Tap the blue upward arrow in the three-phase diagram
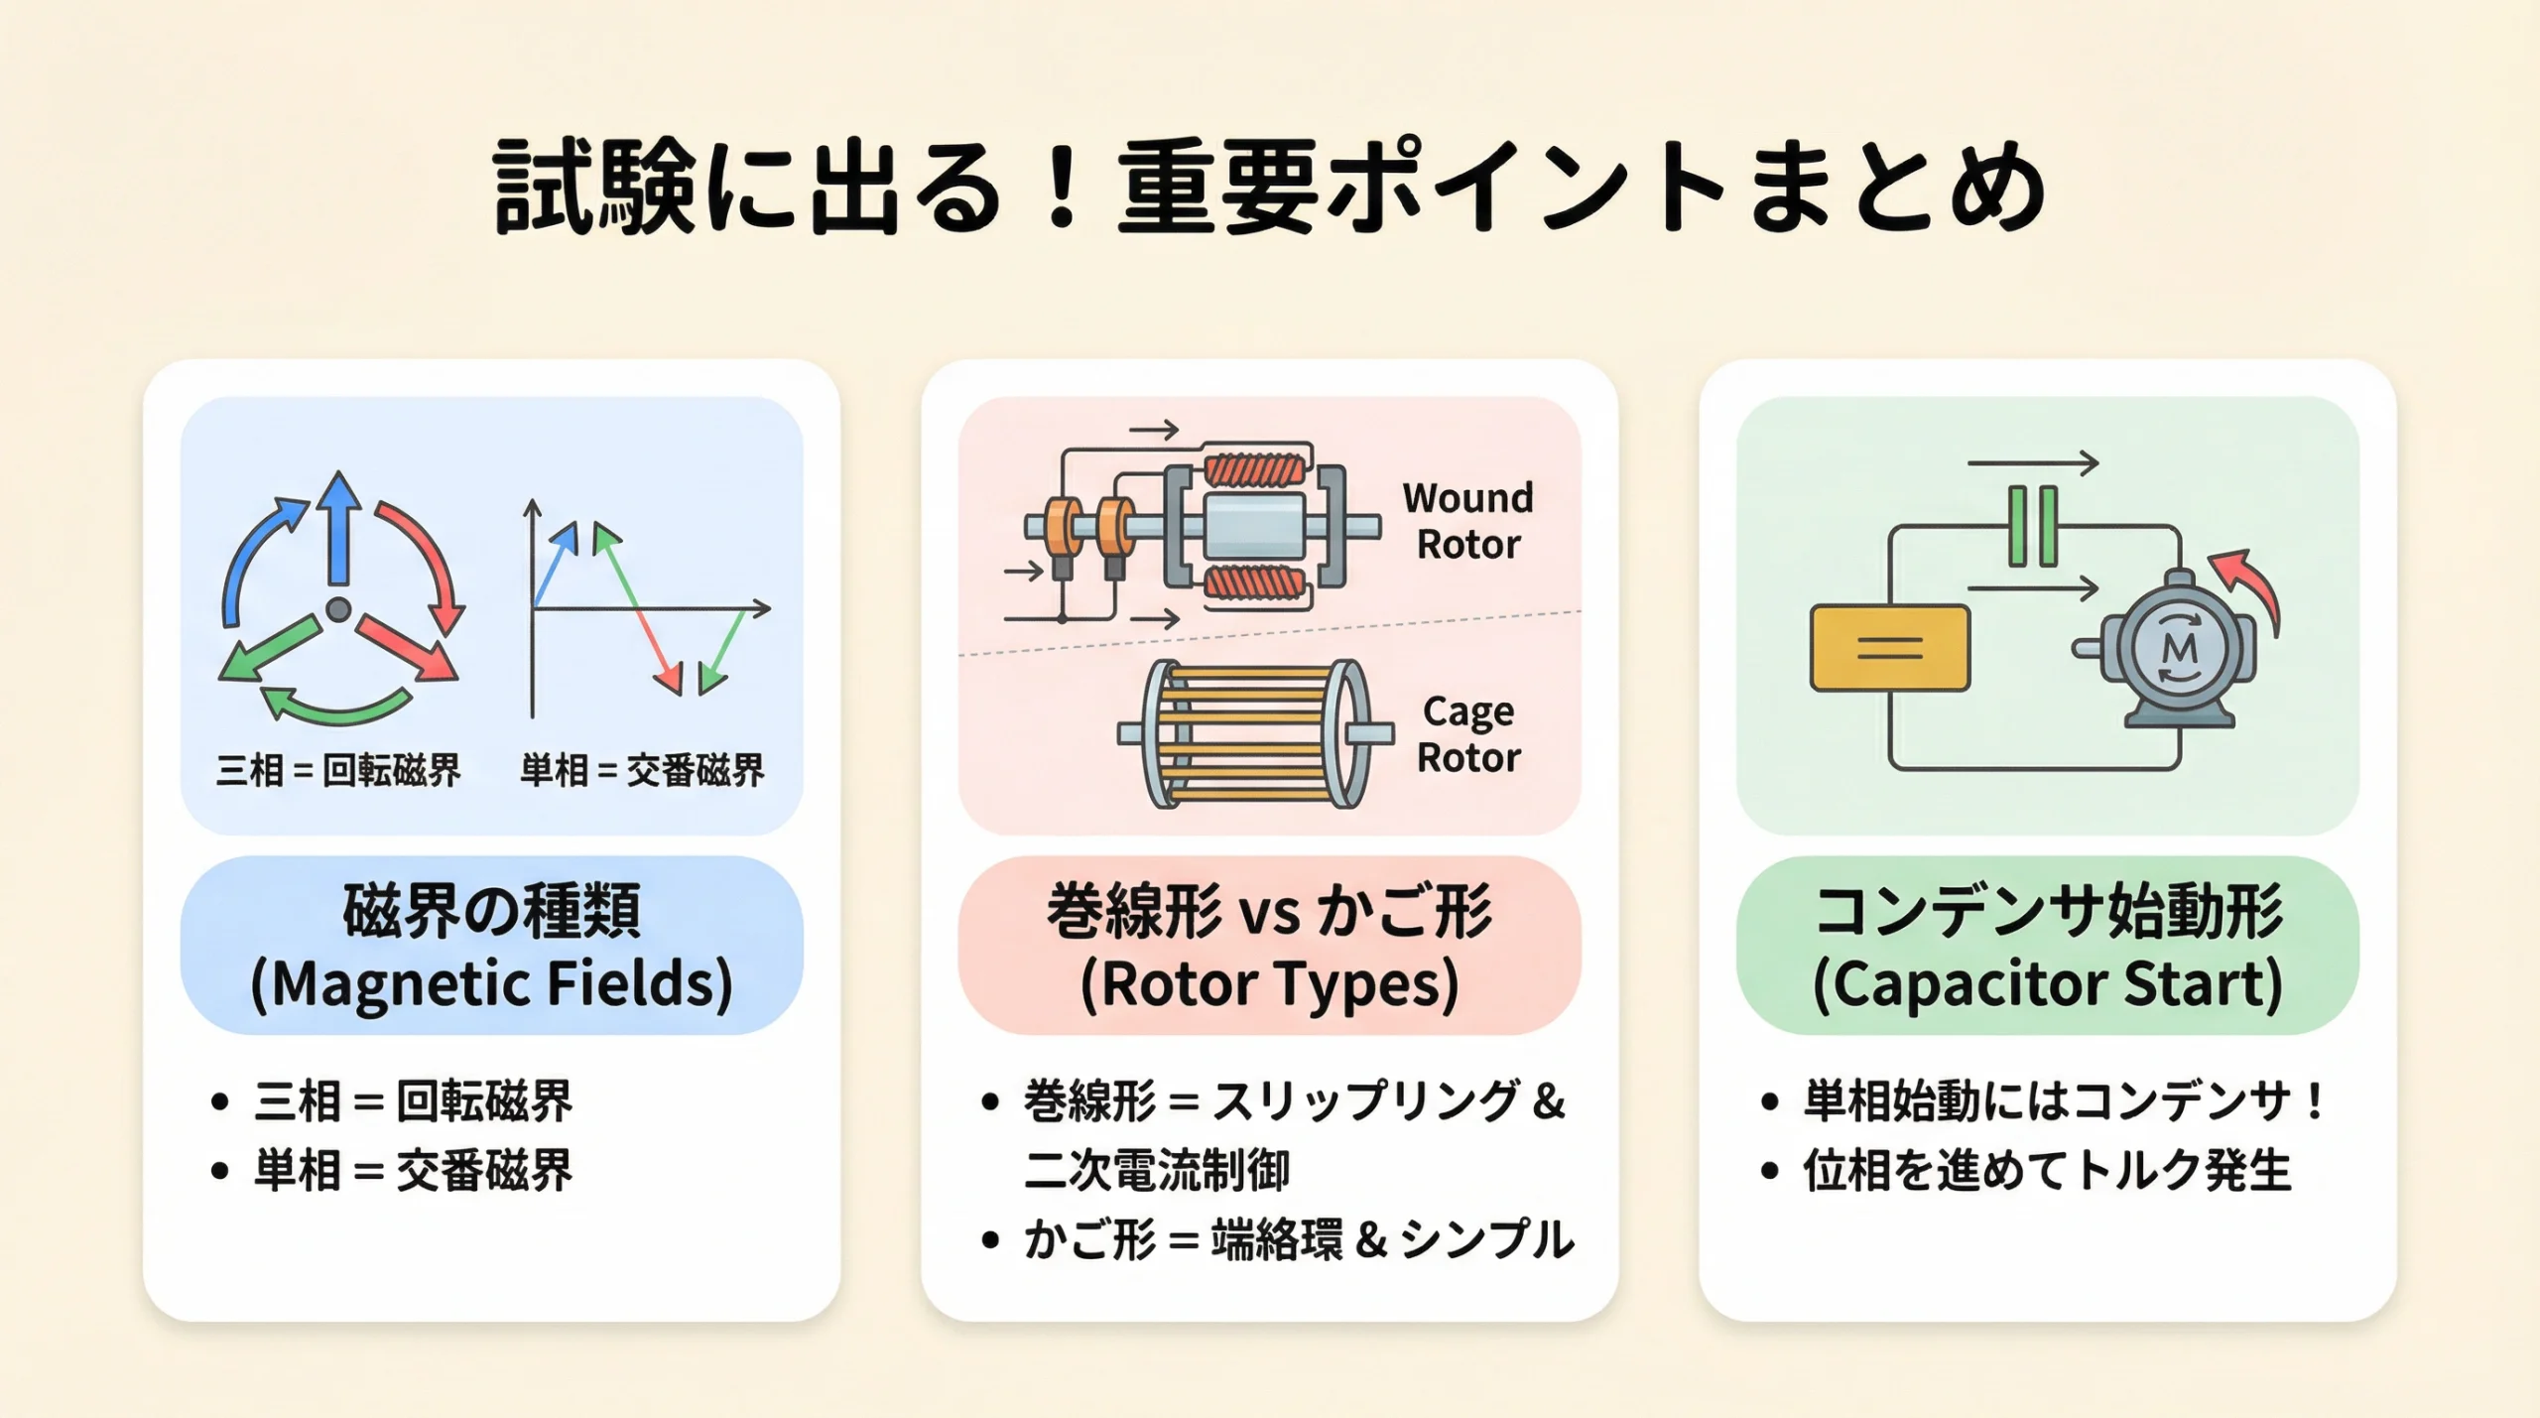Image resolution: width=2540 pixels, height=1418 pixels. pos(339,531)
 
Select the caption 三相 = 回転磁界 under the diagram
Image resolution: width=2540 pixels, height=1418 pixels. pos(338,770)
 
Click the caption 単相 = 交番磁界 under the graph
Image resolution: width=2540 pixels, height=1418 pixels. pos(642,770)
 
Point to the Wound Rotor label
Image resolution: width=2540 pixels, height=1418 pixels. pos(1467,521)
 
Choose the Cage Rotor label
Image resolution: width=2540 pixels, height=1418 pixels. pos(1467,734)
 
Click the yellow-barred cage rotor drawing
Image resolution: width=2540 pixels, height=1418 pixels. pos(1255,734)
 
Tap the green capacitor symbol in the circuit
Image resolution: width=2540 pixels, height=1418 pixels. pos(2032,526)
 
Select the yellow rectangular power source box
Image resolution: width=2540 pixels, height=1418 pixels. pos(1889,648)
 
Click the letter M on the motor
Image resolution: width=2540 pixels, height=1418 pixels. pos(2179,649)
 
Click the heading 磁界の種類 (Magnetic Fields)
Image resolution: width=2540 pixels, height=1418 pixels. pos(491,946)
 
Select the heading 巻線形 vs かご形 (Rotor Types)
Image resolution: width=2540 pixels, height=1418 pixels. pos(1269,946)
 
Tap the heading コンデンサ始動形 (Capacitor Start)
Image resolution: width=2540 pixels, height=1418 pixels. pos(2047,946)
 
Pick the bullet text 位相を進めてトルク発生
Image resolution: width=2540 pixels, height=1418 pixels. pos(2047,1171)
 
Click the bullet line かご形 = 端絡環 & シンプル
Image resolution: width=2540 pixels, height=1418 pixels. pos(1298,1240)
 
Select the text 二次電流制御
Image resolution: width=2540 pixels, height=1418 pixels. pos(1157,1171)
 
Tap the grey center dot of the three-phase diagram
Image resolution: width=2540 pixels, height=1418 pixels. pos(338,608)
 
